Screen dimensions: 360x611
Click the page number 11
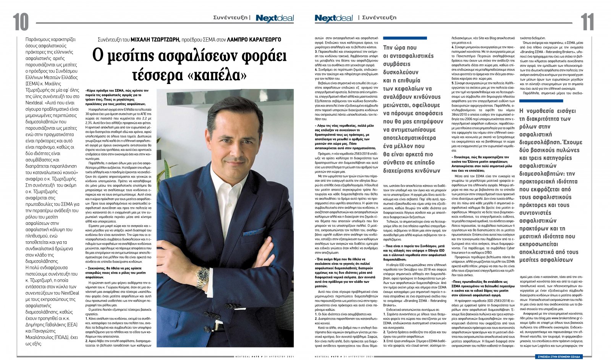point(587,22)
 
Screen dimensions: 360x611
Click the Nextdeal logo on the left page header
point(275,18)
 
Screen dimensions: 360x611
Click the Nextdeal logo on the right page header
point(334,18)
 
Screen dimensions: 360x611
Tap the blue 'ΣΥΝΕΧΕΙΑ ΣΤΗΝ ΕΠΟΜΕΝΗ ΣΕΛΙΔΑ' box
point(558,356)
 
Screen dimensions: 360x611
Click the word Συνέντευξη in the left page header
point(230,18)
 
